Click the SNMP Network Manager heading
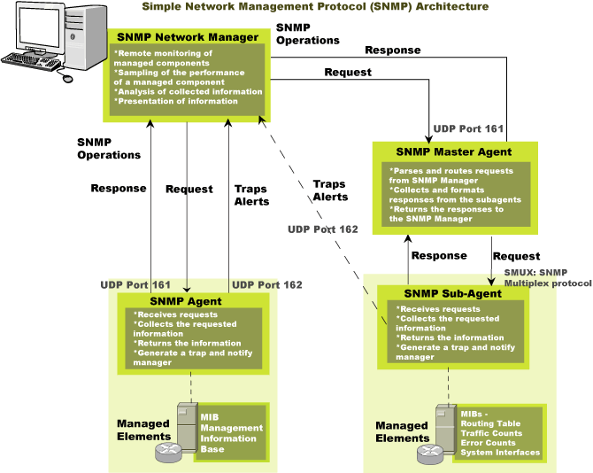pos(188,37)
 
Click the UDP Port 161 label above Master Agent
pos(468,128)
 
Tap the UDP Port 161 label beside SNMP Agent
pos(135,284)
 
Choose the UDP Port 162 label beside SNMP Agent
pos(266,284)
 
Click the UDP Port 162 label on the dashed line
pos(322,229)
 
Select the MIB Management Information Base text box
pos(231,432)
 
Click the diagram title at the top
pos(315,6)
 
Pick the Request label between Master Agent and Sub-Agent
pos(516,255)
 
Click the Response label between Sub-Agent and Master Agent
pos(440,255)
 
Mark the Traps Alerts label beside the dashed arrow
pos(329,190)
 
